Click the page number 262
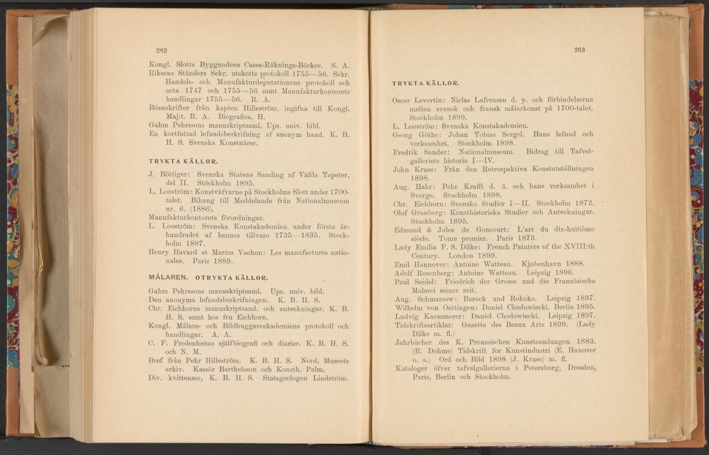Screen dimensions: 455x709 point(162,51)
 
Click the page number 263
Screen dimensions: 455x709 point(579,50)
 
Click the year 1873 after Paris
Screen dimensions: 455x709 point(520,239)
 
